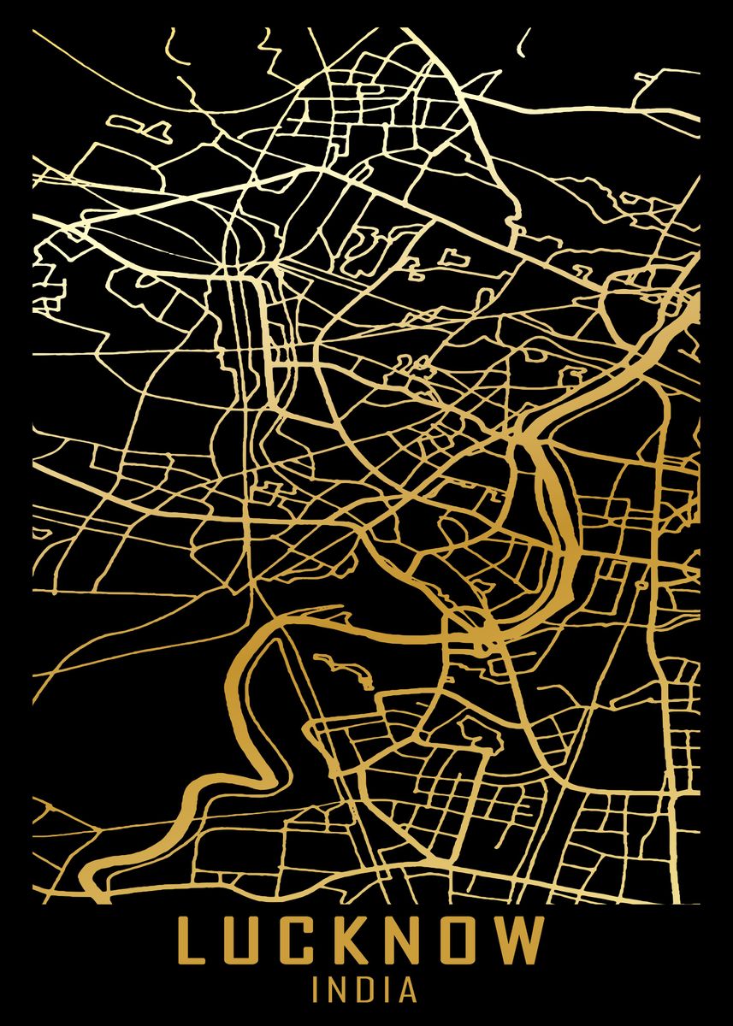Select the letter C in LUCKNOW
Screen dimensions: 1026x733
click(x=299, y=942)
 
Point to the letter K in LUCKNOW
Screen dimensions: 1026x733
click(x=353, y=942)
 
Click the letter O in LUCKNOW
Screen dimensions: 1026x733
click(x=463, y=942)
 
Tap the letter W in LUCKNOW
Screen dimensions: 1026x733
click(x=523, y=942)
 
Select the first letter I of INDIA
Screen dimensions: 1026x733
click(x=317, y=990)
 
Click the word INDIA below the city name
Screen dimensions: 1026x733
click(x=365, y=990)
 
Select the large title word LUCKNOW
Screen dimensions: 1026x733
click(x=360, y=942)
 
